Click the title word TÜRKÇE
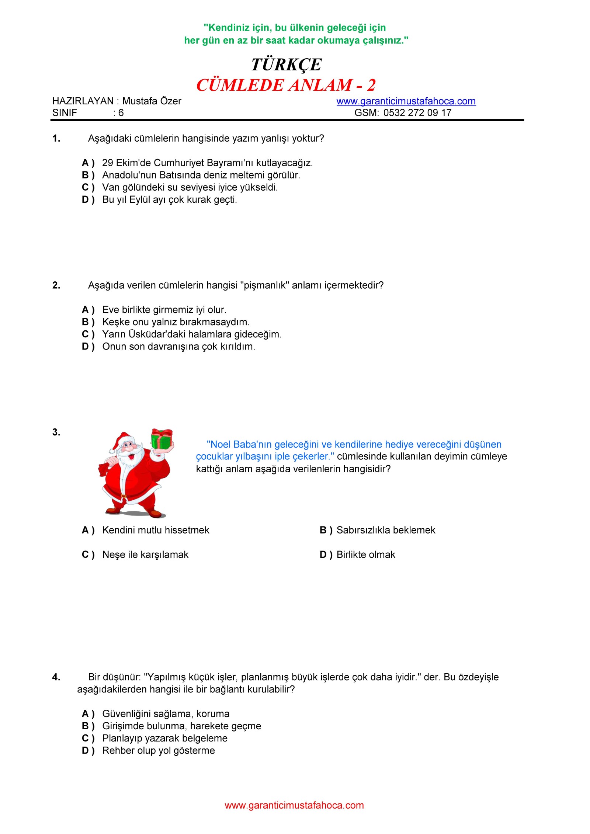tap(286, 65)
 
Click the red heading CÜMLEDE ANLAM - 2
tap(286, 85)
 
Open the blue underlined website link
tap(406, 101)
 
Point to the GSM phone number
tap(417, 113)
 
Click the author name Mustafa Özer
tap(152, 101)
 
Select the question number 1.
tap(56, 139)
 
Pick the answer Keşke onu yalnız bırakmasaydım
tap(176, 322)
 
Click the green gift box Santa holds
tap(162, 439)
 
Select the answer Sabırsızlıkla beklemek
tap(386, 530)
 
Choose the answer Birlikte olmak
tap(366, 555)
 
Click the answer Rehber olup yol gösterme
tap(159, 751)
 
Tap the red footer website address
tap(294, 806)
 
